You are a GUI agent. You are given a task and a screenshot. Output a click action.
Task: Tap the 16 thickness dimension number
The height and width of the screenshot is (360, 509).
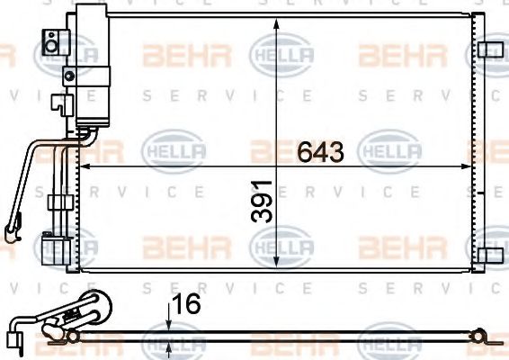(x=187, y=304)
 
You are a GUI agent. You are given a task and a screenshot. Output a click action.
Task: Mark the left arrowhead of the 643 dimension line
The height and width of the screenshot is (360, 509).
(x=87, y=166)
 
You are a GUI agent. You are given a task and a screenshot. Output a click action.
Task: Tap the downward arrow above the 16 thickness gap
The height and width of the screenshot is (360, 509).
(x=168, y=325)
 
